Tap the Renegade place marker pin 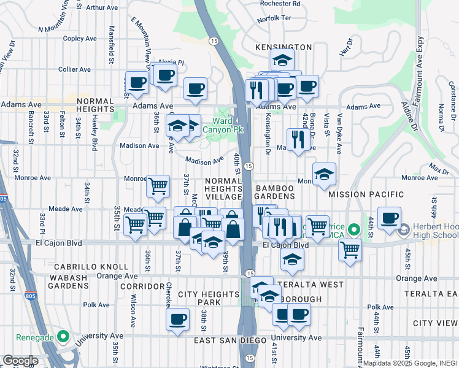tap(63, 337)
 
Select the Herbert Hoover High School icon tap(403, 231)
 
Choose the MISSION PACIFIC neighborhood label tap(366, 194)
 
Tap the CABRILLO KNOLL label tap(91, 267)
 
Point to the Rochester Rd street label tap(280, 3)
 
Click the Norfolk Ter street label tap(272, 19)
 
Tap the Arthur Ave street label tap(102, 8)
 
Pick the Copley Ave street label tap(80, 38)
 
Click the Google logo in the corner tap(20, 361)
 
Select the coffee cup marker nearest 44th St tap(389, 218)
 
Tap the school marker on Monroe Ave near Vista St tap(324, 174)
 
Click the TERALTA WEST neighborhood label tap(310, 285)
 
